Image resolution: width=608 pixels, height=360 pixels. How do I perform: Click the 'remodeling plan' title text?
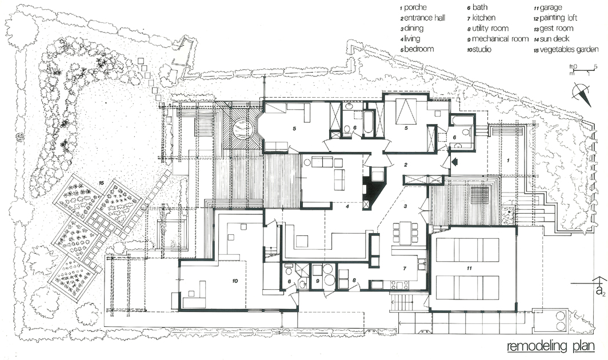coord(551,346)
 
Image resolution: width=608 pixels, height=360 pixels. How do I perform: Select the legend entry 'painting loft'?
coord(558,18)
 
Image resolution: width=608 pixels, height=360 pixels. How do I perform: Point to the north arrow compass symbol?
coord(582,95)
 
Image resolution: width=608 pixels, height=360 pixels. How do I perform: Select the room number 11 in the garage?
coord(469,268)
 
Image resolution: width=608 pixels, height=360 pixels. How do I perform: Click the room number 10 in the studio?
coord(235,281)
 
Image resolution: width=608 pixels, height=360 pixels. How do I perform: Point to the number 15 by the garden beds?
coord(101,182)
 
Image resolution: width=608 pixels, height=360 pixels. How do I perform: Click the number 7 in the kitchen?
coord(405,269)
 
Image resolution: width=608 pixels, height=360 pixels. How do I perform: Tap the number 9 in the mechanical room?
coord(317,281)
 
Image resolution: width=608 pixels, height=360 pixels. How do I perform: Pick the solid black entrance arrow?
coord(454,160)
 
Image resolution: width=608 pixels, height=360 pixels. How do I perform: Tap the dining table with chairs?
coord(405,233)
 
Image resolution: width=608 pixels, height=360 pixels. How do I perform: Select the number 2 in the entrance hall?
coord(406,165)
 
